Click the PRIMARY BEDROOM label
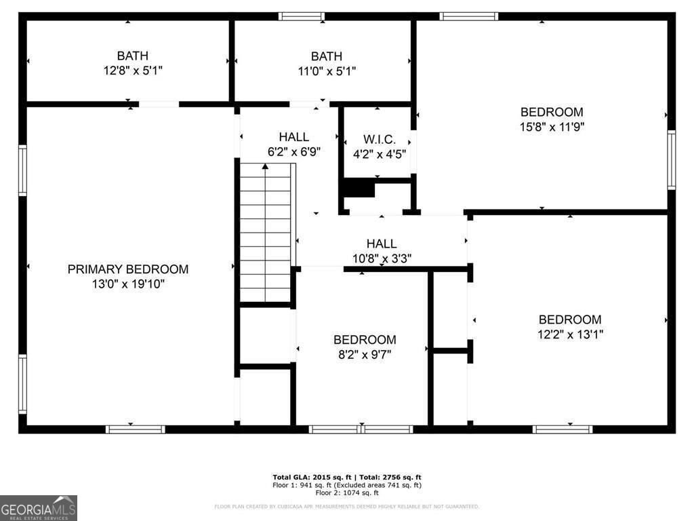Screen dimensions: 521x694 click(128, 269)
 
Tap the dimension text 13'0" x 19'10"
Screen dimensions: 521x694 click(128, 284)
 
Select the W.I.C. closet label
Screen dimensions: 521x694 click(380, 139)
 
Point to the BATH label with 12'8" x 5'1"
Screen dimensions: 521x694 click(132, 56)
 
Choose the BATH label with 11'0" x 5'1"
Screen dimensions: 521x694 click(326, 56)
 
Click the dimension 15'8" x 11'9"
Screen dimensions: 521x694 click(552, 126)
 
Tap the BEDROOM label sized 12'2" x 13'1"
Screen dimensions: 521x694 click(569, 320)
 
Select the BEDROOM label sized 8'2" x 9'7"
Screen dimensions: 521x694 click(365, 340)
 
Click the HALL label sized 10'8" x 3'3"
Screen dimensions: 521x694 click(382, 244)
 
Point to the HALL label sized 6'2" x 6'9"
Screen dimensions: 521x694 click(293, 137)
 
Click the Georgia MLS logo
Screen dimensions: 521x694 click(39, 507)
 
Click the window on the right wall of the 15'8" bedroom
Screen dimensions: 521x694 click(671, 159)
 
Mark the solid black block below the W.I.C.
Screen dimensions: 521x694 click(359, 188)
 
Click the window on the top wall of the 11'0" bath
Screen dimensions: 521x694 click(302, 16)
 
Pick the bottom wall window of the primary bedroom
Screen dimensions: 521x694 click(136, 429)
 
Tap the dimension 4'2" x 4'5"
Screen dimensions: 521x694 click(380, 153)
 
